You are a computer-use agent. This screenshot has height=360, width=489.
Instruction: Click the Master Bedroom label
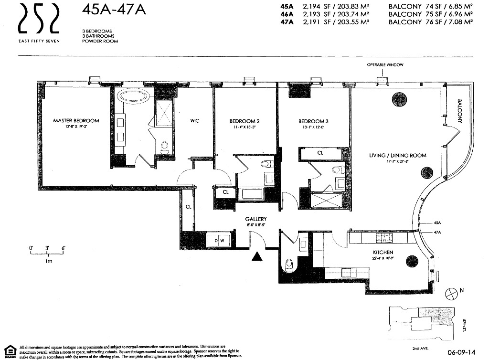tap(76, 121)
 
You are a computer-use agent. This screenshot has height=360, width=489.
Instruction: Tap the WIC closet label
tap(194, 121)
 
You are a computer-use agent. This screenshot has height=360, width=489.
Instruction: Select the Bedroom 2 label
tap(244, 121)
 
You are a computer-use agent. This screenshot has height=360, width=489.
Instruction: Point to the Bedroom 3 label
tap(313, 121)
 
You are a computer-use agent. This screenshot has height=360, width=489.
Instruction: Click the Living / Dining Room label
tap(397, 155)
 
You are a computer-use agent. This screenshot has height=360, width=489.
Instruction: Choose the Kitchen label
tap(383, 252)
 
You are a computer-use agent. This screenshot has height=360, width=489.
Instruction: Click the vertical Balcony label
tap(460, 111)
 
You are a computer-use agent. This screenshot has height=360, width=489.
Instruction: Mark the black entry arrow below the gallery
tap(257, 257)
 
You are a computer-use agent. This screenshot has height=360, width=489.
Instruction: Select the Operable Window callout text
tap(385, 64)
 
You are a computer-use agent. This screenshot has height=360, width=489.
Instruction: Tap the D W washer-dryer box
tap(219, 240)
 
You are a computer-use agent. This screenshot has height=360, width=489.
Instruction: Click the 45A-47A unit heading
tap(114, 10)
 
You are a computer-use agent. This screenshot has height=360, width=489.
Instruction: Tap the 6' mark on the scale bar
tap(63, 248)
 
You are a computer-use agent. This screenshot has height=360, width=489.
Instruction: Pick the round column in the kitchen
tap(410, 261)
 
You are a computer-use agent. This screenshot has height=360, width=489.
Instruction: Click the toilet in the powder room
tap(288, 265)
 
